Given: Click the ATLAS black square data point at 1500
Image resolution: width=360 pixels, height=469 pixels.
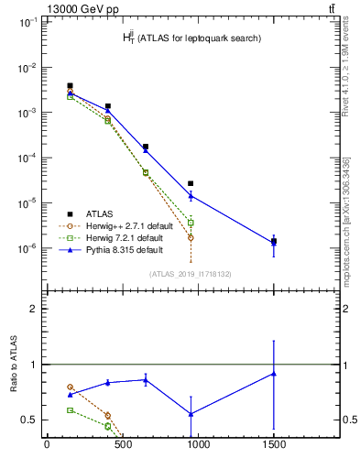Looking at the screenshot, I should (274, 241).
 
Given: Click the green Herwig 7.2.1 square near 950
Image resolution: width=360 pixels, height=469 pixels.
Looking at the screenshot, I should (191, 223).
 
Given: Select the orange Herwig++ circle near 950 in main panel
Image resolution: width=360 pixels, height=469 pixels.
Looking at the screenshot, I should (191, 237).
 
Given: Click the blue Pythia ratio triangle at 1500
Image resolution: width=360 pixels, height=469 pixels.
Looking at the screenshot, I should (274, 374).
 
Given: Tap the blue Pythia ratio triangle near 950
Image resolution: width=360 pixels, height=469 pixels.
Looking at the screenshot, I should (191, 414).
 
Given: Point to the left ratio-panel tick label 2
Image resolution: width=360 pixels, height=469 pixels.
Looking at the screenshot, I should (33, 309).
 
